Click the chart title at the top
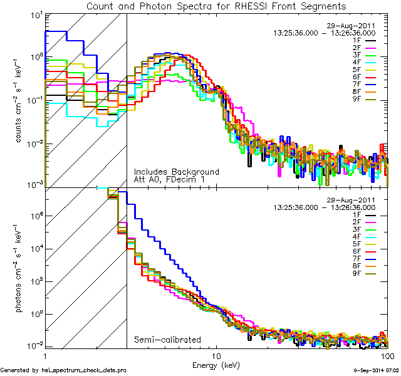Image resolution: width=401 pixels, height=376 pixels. coord(216,6)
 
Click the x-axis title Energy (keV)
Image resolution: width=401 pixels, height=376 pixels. coord(216,365)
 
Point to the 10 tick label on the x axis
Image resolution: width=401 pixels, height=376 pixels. coord(216,355)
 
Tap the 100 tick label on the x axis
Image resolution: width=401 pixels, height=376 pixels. coord(387,355)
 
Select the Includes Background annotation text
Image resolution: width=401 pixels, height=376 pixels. coord(176,172)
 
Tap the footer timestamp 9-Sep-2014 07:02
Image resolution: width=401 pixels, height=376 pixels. coord(374,371)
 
